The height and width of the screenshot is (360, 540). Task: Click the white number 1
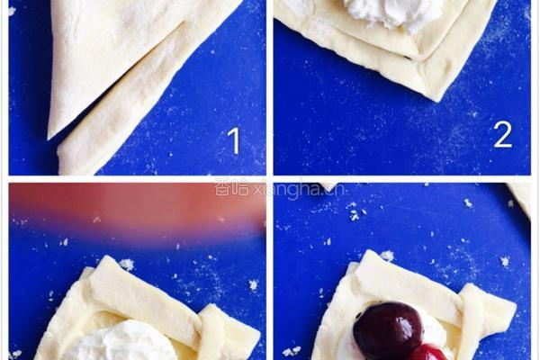[x=234, y=140]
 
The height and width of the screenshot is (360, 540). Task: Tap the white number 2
[x=503, y=135]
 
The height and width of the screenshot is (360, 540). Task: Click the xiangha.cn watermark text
[x=280, y=189]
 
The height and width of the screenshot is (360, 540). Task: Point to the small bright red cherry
[x=427, y=352]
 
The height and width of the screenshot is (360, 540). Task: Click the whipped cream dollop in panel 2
[x=395, y=13]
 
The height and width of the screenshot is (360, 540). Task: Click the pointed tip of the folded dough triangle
[x=49, y=139]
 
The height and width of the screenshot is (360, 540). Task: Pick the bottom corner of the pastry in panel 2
[x=436, y=100]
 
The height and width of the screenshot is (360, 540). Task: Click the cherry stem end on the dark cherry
[x=359, y=315]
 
